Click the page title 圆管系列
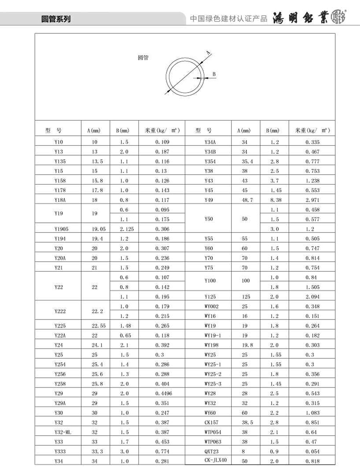56,19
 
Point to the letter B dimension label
214,74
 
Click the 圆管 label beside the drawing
143,58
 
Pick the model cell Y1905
61,229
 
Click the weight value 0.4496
164,393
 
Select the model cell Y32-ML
63,432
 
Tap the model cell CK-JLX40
216,460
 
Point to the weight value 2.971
312,200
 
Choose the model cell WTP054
213,432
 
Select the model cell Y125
210,297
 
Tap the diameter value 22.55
98,326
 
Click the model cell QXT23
211,451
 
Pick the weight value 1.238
312,181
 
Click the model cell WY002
211,306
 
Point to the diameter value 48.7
247,200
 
